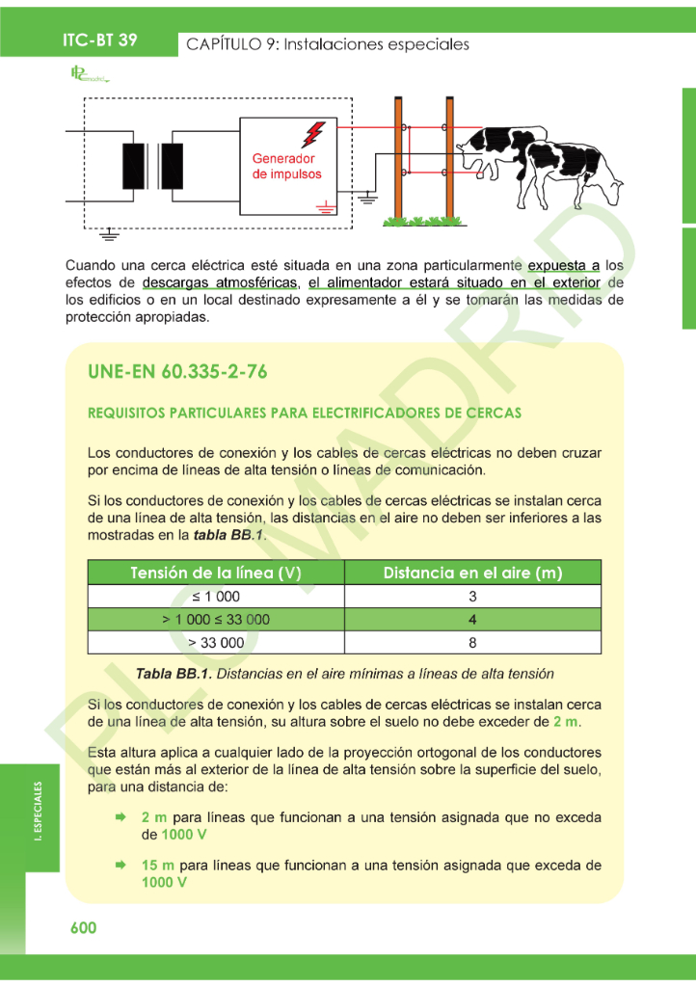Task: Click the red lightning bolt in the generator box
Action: tap(313, 134)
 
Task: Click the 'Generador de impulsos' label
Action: tap(286, 166)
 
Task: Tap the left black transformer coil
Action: tap(133, 166)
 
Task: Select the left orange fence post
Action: tap(397, 159)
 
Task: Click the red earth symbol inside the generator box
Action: tap(326, 203)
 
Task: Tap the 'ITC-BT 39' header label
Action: tap(100, 40)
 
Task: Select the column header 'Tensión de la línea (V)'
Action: tap(216, 573)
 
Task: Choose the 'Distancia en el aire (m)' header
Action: tap(472, 573)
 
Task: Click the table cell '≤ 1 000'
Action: tap(216, 597)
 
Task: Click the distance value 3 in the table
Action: tap(472, 597)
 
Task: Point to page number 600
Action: tap(84, 927)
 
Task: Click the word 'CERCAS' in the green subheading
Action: tap(493, 413)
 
